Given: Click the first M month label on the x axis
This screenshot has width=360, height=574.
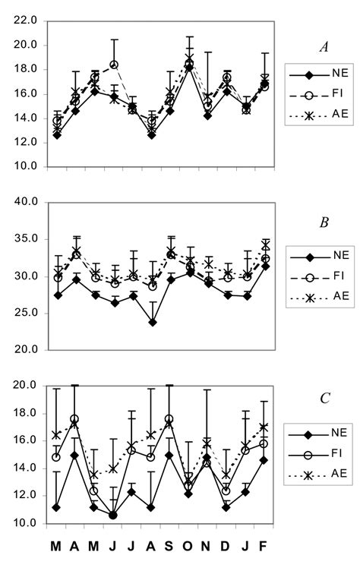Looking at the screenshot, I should pos(56,547).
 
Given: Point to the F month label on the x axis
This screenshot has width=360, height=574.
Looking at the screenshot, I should pos(264,547).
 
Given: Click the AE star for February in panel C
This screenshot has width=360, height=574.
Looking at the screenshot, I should pos(264,427).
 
